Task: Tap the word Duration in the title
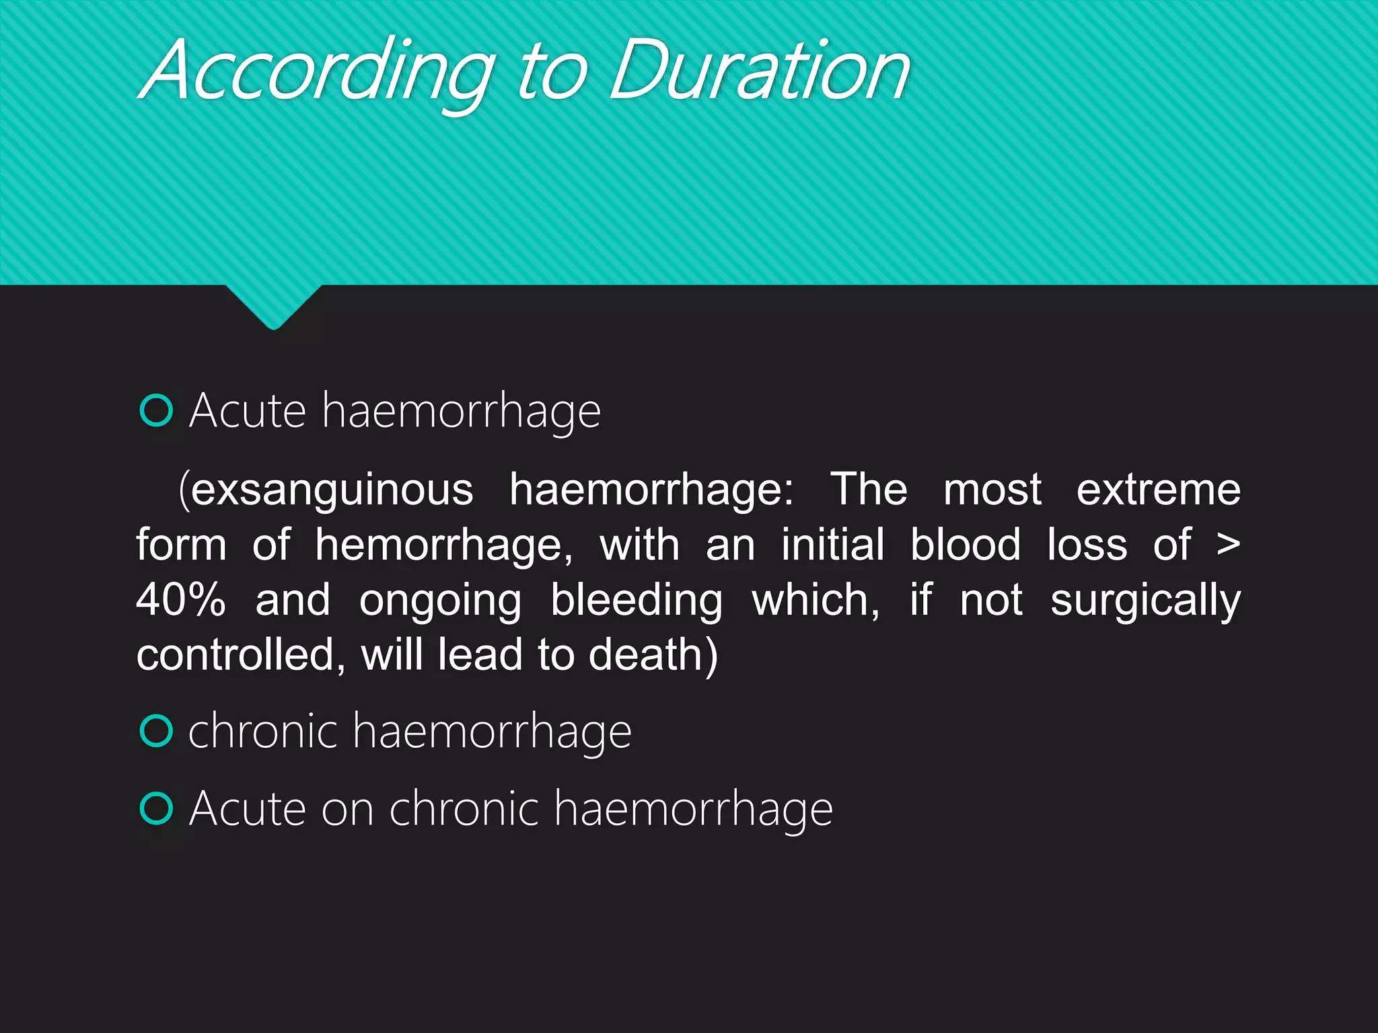(x=760, y=71)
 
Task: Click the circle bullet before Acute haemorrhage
(x=157, y=410)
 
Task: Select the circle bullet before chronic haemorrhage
(x=157, y=731)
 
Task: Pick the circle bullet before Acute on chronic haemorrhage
(x=157, y=808)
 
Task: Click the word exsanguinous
(x=332, y=490)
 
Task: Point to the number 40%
(x=181, y=600)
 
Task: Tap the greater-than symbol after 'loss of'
(x=1228, y=545)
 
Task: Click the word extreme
(x=1158, y=490)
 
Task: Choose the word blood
(x=965, y=545)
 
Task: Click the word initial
(x=832, y=545)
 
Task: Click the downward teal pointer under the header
(x=273, y=306)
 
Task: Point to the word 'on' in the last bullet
(x=347, y=810)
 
